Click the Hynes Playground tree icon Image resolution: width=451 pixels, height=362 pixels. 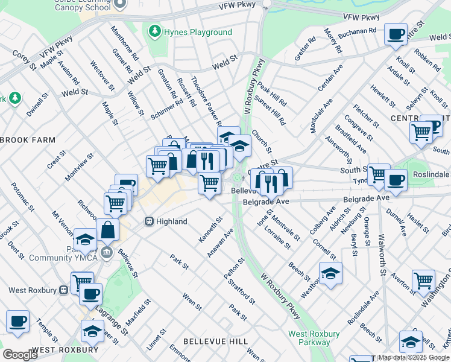click(155, 31)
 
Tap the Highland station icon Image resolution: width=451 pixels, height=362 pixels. click(149, 221)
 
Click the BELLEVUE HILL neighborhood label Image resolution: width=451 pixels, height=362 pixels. click(215, 341)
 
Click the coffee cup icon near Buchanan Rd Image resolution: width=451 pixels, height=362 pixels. click(396, 34)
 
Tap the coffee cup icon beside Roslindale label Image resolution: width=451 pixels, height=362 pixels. click(396, 179)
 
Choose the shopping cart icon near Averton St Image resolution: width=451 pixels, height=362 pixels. click(423, 280)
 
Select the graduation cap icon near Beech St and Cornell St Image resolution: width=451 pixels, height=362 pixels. click(330, 273)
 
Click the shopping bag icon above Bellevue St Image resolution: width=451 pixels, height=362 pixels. click(108, 230)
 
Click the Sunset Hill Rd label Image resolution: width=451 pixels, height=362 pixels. click(270, 110)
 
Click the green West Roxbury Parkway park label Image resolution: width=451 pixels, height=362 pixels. click(314, 338)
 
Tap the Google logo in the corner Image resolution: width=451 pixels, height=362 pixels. click(20, 355)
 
